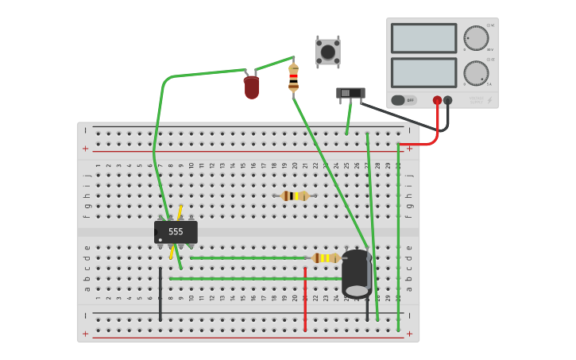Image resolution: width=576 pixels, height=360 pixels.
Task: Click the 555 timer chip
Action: click(176, 232)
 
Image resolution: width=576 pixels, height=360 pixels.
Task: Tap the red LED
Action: click(251, 87)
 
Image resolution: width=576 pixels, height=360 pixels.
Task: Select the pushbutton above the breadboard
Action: click(327, 52)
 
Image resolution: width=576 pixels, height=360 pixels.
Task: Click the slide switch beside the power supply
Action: click(350, 94)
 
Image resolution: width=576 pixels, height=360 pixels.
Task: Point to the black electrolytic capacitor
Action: click(357, 273)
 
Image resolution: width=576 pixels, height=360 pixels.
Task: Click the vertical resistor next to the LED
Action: click(293, 78)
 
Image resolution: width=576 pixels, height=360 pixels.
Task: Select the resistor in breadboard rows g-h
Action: click(295, 195)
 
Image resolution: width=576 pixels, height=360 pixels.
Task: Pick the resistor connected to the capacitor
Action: click(326, 258)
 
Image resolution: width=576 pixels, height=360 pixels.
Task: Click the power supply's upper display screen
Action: click(423, 38)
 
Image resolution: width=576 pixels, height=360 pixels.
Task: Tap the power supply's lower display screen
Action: click(423, 73)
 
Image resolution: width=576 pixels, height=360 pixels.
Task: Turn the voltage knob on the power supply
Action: click(476, 38)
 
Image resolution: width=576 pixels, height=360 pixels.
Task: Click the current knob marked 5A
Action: click(476, 73)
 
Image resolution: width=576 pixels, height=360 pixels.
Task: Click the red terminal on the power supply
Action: click(437, 101)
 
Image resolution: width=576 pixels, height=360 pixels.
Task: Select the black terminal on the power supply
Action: click(448, 101)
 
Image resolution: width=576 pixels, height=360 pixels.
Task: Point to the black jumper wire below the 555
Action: click(160, 294)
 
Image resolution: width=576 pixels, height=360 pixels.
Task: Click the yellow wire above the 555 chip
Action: click(180, 211)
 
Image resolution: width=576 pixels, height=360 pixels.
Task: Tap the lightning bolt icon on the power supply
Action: click(489, 101)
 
